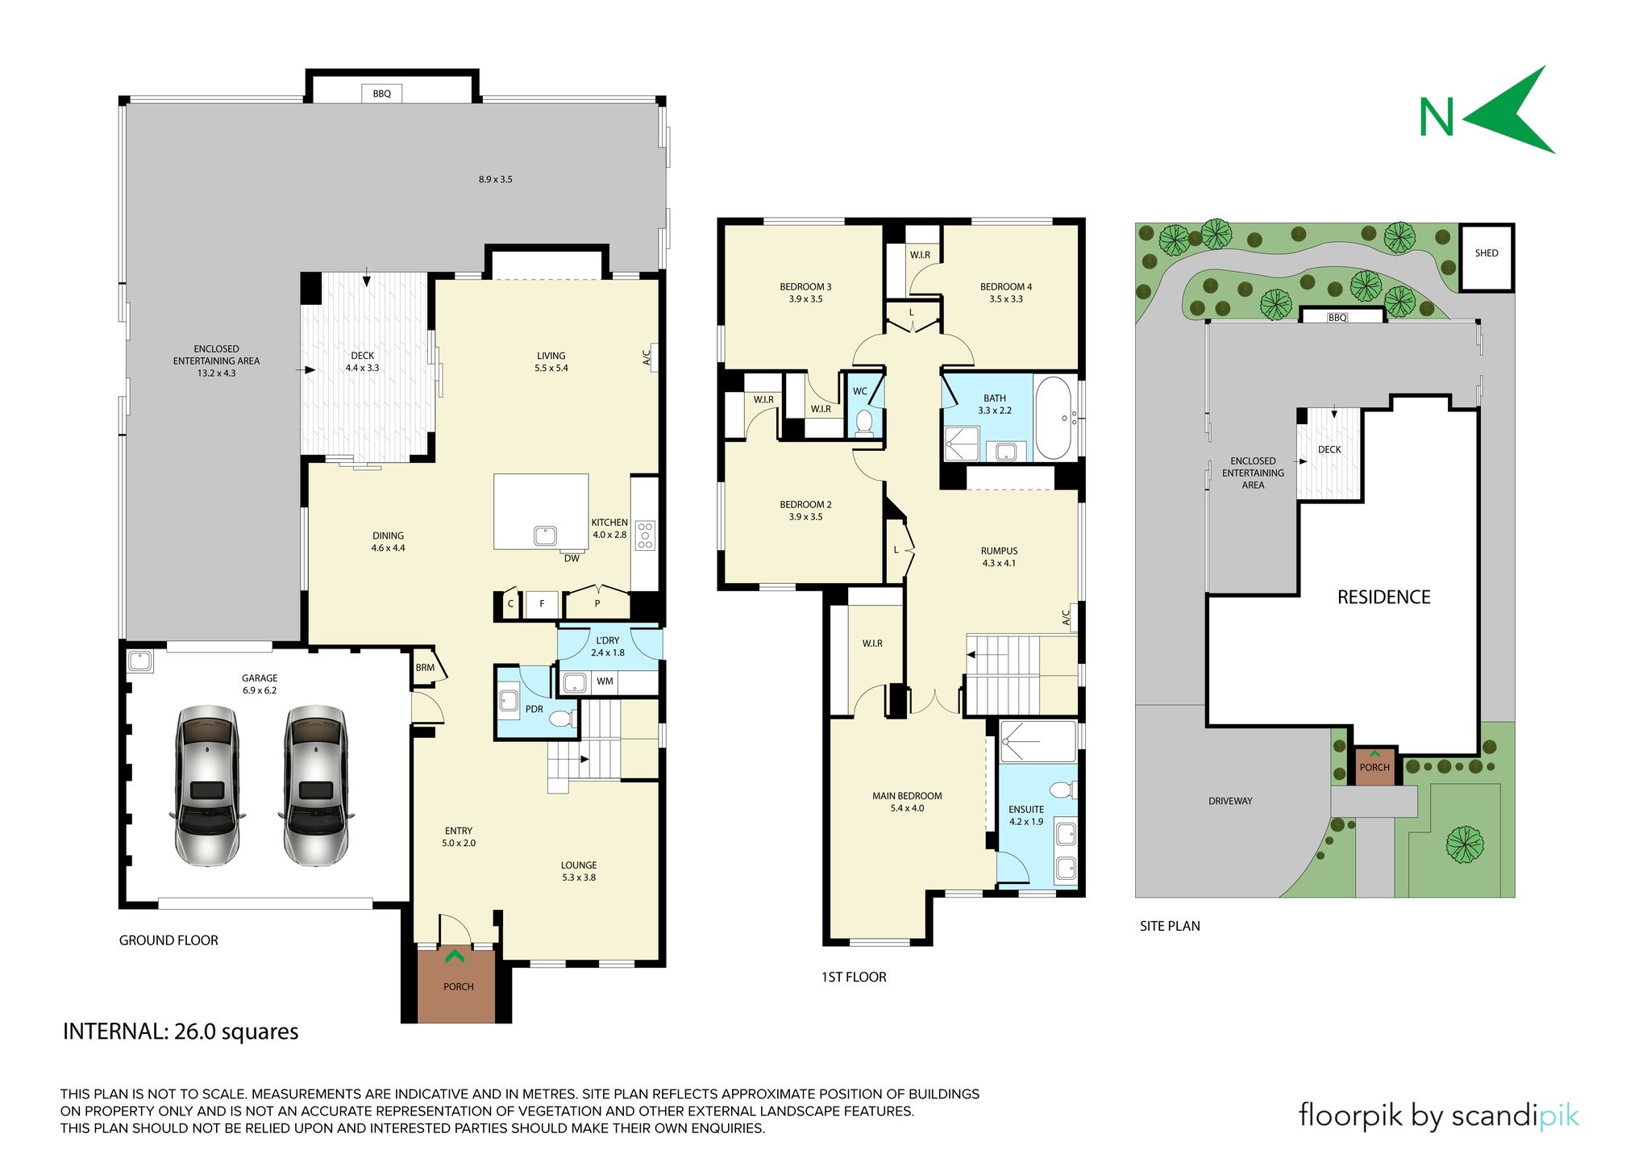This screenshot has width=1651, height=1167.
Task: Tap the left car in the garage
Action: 207,786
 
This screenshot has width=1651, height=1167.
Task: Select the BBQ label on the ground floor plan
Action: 382,94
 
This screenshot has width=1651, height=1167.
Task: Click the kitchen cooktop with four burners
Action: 645,535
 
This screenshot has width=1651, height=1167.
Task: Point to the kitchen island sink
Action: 545,536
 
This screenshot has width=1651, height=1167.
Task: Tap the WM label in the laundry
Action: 605,681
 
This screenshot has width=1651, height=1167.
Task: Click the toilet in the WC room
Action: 864,421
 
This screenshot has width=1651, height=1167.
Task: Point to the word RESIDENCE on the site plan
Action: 1384,598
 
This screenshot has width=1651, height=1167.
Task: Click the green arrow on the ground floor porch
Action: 455,957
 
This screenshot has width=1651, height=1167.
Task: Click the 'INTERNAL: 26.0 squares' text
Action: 181,1032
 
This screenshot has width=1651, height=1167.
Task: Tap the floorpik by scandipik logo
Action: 1439,1116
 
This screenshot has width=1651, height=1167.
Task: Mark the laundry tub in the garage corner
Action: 140,661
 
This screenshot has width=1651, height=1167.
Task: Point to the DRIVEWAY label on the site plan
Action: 1231,802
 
